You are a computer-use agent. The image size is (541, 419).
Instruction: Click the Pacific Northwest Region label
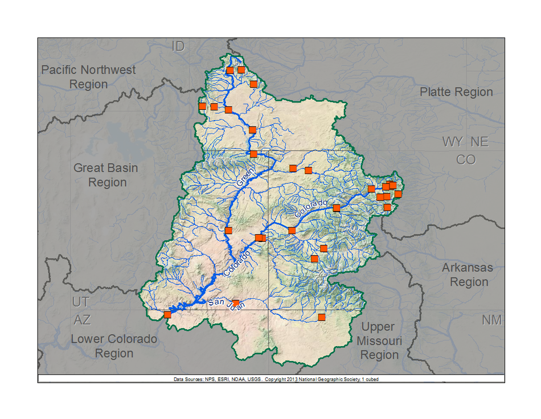[88, 77]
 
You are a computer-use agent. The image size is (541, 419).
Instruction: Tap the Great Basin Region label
[105, 175]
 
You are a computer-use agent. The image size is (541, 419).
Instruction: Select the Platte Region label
[456, 92]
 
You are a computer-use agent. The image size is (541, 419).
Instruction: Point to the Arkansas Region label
[468, 274]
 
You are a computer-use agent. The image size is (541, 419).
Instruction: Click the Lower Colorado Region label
[114, 346]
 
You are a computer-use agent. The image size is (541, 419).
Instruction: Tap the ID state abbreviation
[178, 47]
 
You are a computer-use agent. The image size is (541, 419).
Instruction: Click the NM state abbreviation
[491, 320]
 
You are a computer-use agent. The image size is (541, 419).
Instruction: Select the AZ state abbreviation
[82, 319]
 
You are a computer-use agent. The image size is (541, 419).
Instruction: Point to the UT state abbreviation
[81, 302]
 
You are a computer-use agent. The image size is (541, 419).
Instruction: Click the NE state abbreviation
[479, 142]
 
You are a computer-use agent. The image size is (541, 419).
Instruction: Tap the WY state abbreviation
[453, 142]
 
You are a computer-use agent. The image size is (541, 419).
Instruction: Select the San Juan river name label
[226, 303]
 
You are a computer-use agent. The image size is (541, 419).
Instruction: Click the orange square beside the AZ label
[167, 314]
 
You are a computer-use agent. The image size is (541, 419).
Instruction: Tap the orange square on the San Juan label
[236, 303]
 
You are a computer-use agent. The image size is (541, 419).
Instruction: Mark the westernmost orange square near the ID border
[202, 106]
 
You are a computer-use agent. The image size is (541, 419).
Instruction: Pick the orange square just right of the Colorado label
[337, 208]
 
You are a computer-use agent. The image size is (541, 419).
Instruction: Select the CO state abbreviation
[466, 160]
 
